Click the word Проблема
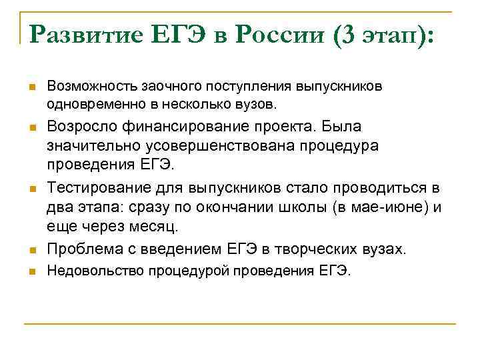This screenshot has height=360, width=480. (x=82, y=250)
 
